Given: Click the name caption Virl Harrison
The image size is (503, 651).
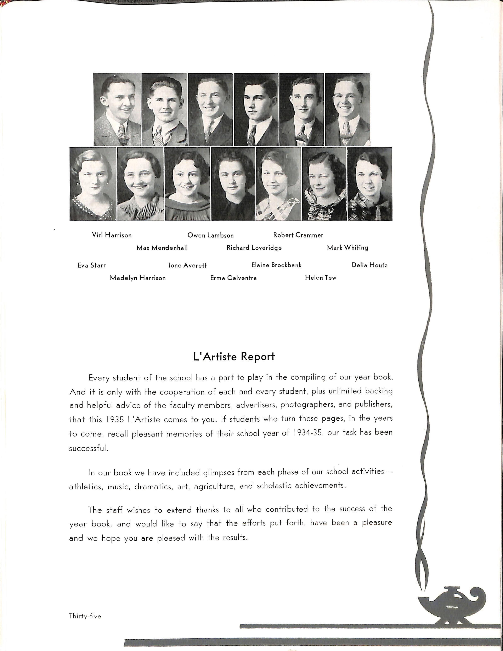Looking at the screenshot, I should point(112,235).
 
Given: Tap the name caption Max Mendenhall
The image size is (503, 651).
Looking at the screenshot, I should point(162,248).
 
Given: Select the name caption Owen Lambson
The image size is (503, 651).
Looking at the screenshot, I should point(210,235).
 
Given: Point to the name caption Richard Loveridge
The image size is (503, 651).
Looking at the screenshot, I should point(254,248).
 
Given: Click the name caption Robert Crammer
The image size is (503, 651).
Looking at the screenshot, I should point(298,235).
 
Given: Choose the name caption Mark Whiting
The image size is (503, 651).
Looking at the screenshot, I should point(347,248).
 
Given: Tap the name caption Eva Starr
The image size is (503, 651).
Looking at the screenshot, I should point(91,265).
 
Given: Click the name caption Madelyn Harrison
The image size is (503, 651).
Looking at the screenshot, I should point(138,278).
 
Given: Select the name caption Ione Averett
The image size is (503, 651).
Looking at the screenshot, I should point(187,265).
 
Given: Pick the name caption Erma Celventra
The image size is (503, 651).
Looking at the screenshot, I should point(233,278).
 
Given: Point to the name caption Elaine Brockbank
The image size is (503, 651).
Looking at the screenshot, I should point(276,265).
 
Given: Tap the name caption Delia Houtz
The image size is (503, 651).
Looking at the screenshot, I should point(369,265).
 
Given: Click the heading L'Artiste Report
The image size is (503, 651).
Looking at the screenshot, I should point(234,357).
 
